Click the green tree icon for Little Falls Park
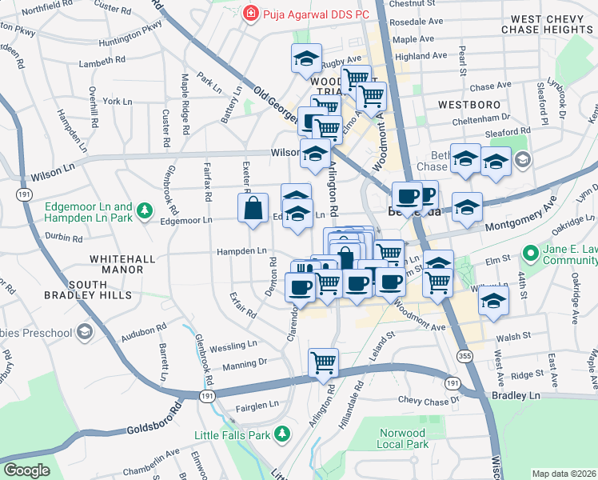click(x=281, y=434)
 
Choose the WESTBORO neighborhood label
click(x=469, y=105)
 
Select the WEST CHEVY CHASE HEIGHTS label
click(x=545, y=24)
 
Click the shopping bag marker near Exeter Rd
click(x=253, y=209)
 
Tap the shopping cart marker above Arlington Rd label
click(x=323, y=362)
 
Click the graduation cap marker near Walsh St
click(x=494, y=302)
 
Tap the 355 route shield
click(x=464, y=354)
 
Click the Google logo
click(x=26, y=470)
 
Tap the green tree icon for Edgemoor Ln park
click(x=145, y=210)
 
